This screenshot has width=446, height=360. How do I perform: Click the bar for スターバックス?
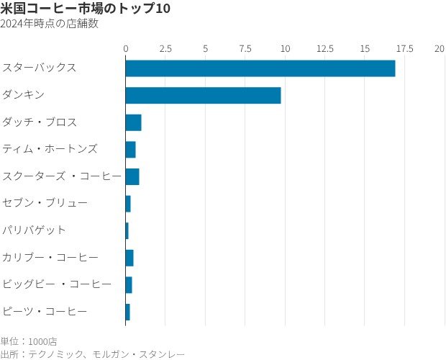tap(260, 68)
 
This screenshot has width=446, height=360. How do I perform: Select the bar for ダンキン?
tap(203, 96)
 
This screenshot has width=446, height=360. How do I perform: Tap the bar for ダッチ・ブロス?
tap(133, 122)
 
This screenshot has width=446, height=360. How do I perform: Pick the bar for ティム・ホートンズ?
tap(130, 150)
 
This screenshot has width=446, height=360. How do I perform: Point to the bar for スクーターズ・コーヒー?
tap(132, 176)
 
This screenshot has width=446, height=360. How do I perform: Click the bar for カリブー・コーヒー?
tap(129, 258)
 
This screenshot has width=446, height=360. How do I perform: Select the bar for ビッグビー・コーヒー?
tap(129, 285)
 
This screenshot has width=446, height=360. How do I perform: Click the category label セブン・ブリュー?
tap(45, 203)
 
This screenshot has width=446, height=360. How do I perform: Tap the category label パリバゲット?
tap(34, 230)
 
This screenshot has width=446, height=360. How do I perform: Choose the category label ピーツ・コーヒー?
tap(45, 312)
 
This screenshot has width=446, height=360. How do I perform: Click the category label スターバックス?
tap(39, 68)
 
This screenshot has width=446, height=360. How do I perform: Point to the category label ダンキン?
tap(24, 95)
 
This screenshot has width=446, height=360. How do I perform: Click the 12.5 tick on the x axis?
tap(325, 49)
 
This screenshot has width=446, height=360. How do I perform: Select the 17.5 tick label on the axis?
tap(405, 49)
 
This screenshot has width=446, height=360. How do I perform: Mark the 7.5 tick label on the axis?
tap(245, 49)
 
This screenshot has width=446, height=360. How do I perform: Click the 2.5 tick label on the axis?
tap(165, 49)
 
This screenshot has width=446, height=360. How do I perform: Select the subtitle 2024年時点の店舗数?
tap(49, 23)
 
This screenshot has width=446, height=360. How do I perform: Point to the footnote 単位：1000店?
tap(29, 341)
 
